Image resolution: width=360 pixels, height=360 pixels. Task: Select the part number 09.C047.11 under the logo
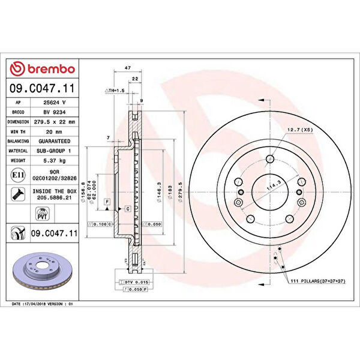[x=43, y=88]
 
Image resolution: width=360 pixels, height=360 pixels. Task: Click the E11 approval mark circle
[x=18, y=176]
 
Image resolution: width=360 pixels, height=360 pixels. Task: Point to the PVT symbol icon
[x=43, y=214]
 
